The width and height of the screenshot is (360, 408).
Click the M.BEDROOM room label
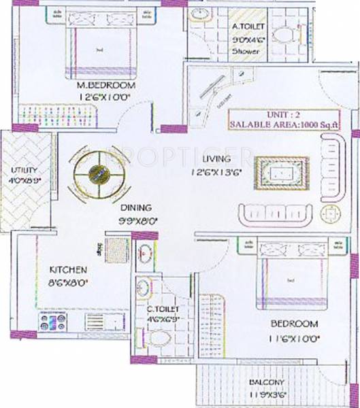[x=106, y=86]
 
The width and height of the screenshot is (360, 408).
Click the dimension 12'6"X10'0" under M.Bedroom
[x=106, y=97]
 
